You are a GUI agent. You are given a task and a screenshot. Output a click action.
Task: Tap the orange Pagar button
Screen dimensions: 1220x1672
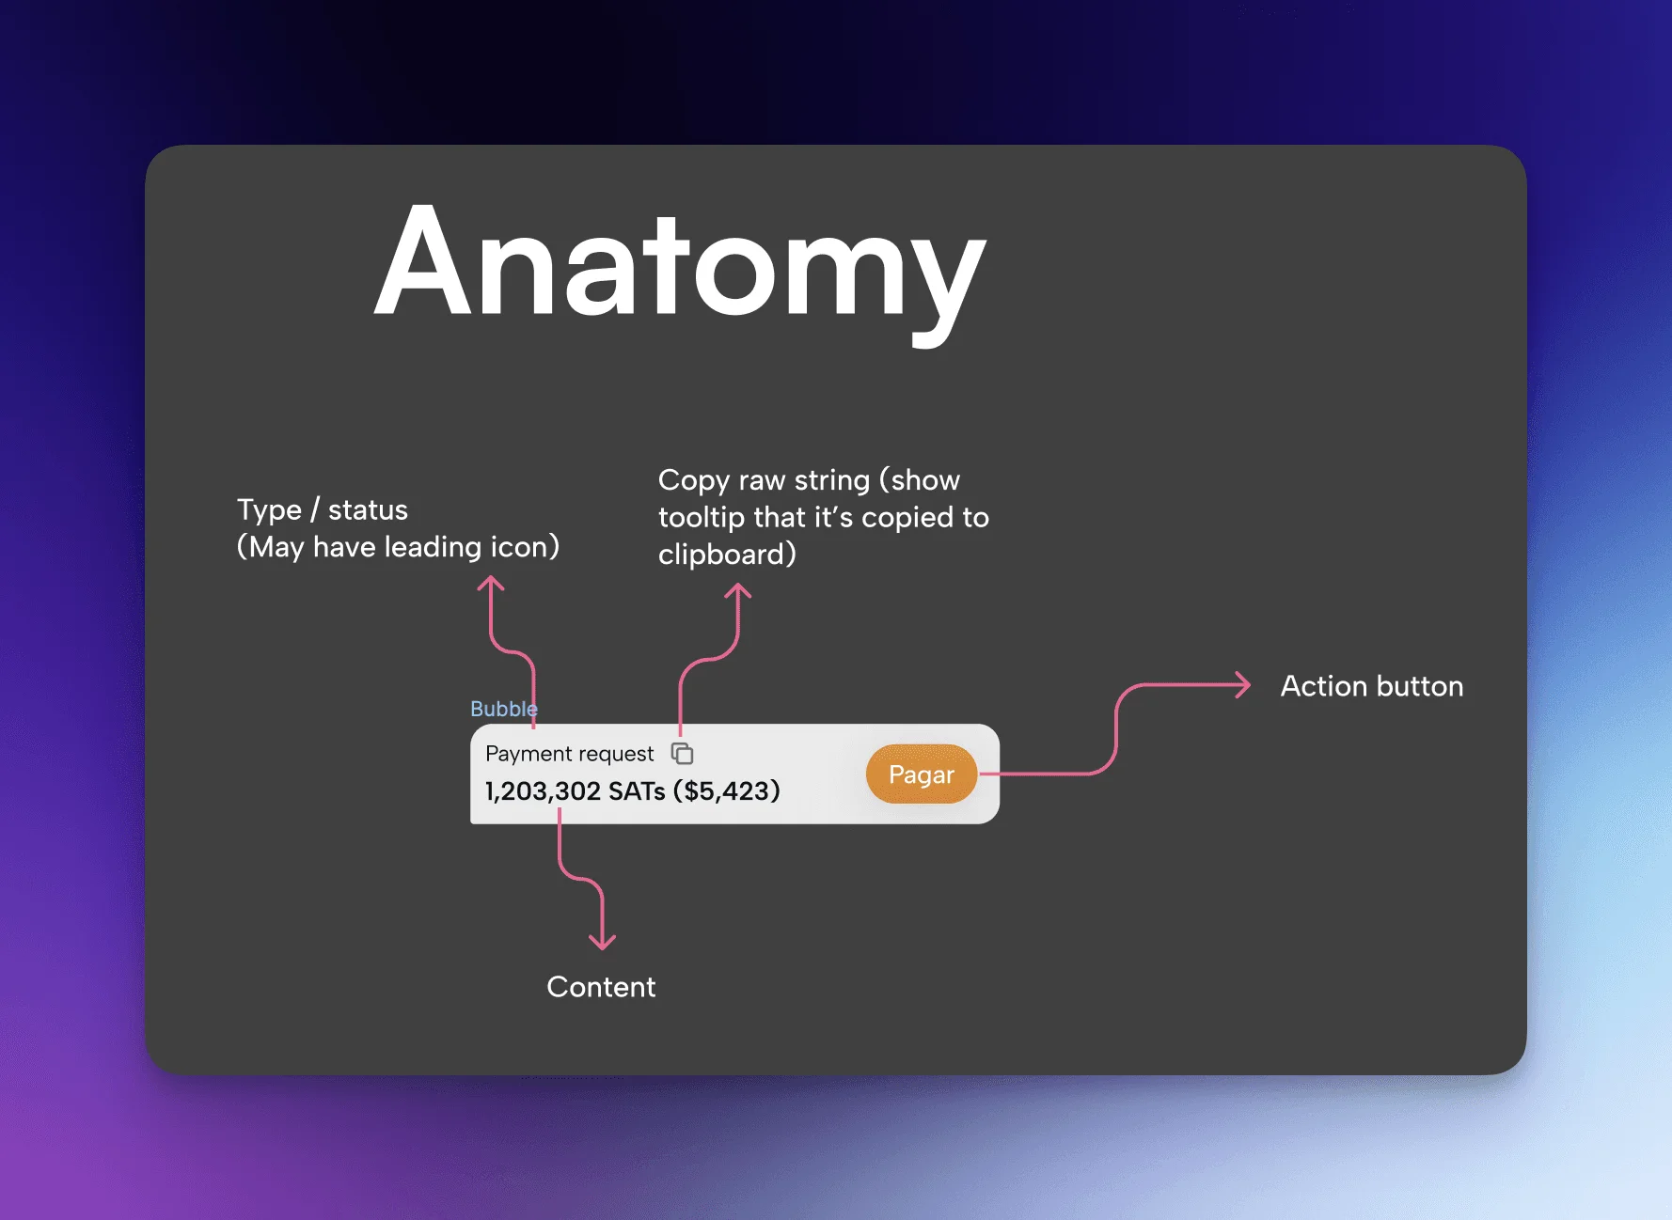click(921, 774)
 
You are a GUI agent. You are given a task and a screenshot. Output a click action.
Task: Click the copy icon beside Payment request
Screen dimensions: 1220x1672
click(683, 754)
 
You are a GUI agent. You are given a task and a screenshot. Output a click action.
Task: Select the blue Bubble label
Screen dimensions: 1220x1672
click(503, 709)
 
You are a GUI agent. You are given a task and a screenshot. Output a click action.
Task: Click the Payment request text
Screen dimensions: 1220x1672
click(569, 754)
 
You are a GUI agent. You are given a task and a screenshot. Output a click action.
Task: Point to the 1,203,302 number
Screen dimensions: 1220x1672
click(543, 791)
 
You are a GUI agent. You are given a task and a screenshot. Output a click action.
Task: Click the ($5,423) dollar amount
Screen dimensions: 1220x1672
click(727, 791)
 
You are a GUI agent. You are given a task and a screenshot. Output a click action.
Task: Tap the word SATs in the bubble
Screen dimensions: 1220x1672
click(637, 791)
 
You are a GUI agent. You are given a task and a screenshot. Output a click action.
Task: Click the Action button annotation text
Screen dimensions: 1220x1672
click(1371, 686)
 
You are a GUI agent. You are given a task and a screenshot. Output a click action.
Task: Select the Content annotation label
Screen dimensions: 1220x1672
click(601, 987)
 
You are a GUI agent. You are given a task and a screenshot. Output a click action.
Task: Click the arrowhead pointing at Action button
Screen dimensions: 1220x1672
click(1243, 685)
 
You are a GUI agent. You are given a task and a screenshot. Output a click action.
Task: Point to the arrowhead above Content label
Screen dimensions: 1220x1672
click(602, 941)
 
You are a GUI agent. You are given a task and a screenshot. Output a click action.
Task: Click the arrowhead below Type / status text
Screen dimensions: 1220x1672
click(491, 585)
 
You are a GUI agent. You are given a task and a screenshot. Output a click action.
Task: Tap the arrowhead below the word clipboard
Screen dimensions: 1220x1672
click(738, 592)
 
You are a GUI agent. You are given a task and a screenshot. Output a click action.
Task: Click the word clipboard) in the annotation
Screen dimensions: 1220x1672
click(727, 555)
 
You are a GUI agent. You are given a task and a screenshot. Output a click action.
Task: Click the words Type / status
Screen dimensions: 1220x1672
click(323, 509)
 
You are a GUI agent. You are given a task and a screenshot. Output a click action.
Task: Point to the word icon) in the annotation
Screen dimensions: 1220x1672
click(525, 547)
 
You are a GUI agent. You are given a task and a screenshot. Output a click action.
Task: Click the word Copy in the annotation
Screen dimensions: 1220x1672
click(694, 479)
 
